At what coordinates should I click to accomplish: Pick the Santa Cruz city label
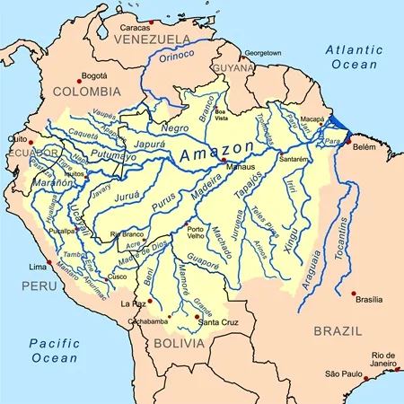[x=218, y=322]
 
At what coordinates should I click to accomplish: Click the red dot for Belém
[x=347, y=141]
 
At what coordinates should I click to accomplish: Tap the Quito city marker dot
[x=31, y=142]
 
